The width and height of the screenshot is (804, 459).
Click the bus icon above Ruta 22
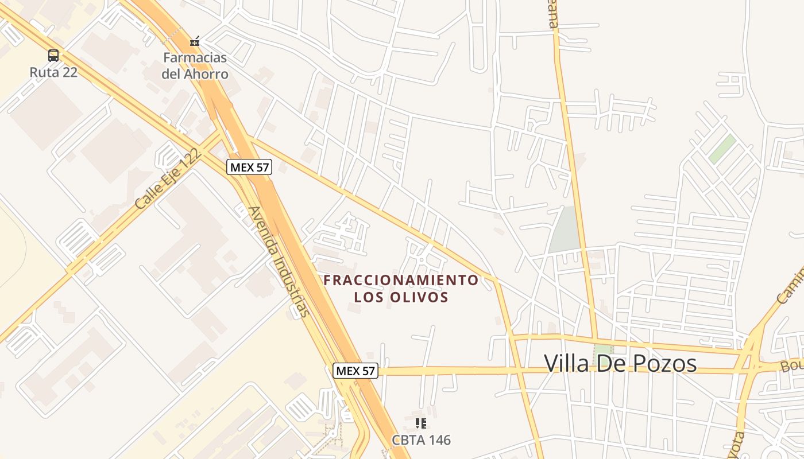[x=53, y=56]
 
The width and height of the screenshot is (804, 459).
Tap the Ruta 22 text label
[x=53, y=72]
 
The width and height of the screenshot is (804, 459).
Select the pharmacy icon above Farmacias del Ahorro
[x=195, y=42]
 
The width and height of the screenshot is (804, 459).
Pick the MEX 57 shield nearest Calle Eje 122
[x=249, y=167]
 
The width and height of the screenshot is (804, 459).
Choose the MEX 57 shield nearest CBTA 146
[x=355, y=371]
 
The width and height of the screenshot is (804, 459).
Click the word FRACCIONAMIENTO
[x=400, y=280]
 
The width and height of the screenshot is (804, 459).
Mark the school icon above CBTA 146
[x=421, y=423]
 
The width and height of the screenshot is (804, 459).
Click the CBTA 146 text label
[x=421, y=440]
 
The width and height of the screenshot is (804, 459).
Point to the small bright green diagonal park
[x=722, y=149]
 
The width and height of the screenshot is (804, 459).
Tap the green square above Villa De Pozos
[x=603, y=349]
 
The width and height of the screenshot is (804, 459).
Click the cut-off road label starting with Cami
[x=790, y=286]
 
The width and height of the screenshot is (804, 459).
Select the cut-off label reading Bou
[x=791, y=366]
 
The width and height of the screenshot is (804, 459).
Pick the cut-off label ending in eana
[x=552, y=15]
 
